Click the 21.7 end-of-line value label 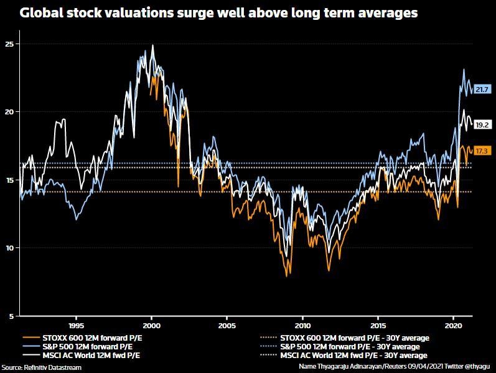point(481,90)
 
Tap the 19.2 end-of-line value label point(481,125)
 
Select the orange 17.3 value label point(481,151)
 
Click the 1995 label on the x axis point(76,325)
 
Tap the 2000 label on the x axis point(152,325)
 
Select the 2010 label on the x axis point(302,325)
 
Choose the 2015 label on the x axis point(378,325)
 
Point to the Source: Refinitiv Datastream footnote point(41,367)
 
